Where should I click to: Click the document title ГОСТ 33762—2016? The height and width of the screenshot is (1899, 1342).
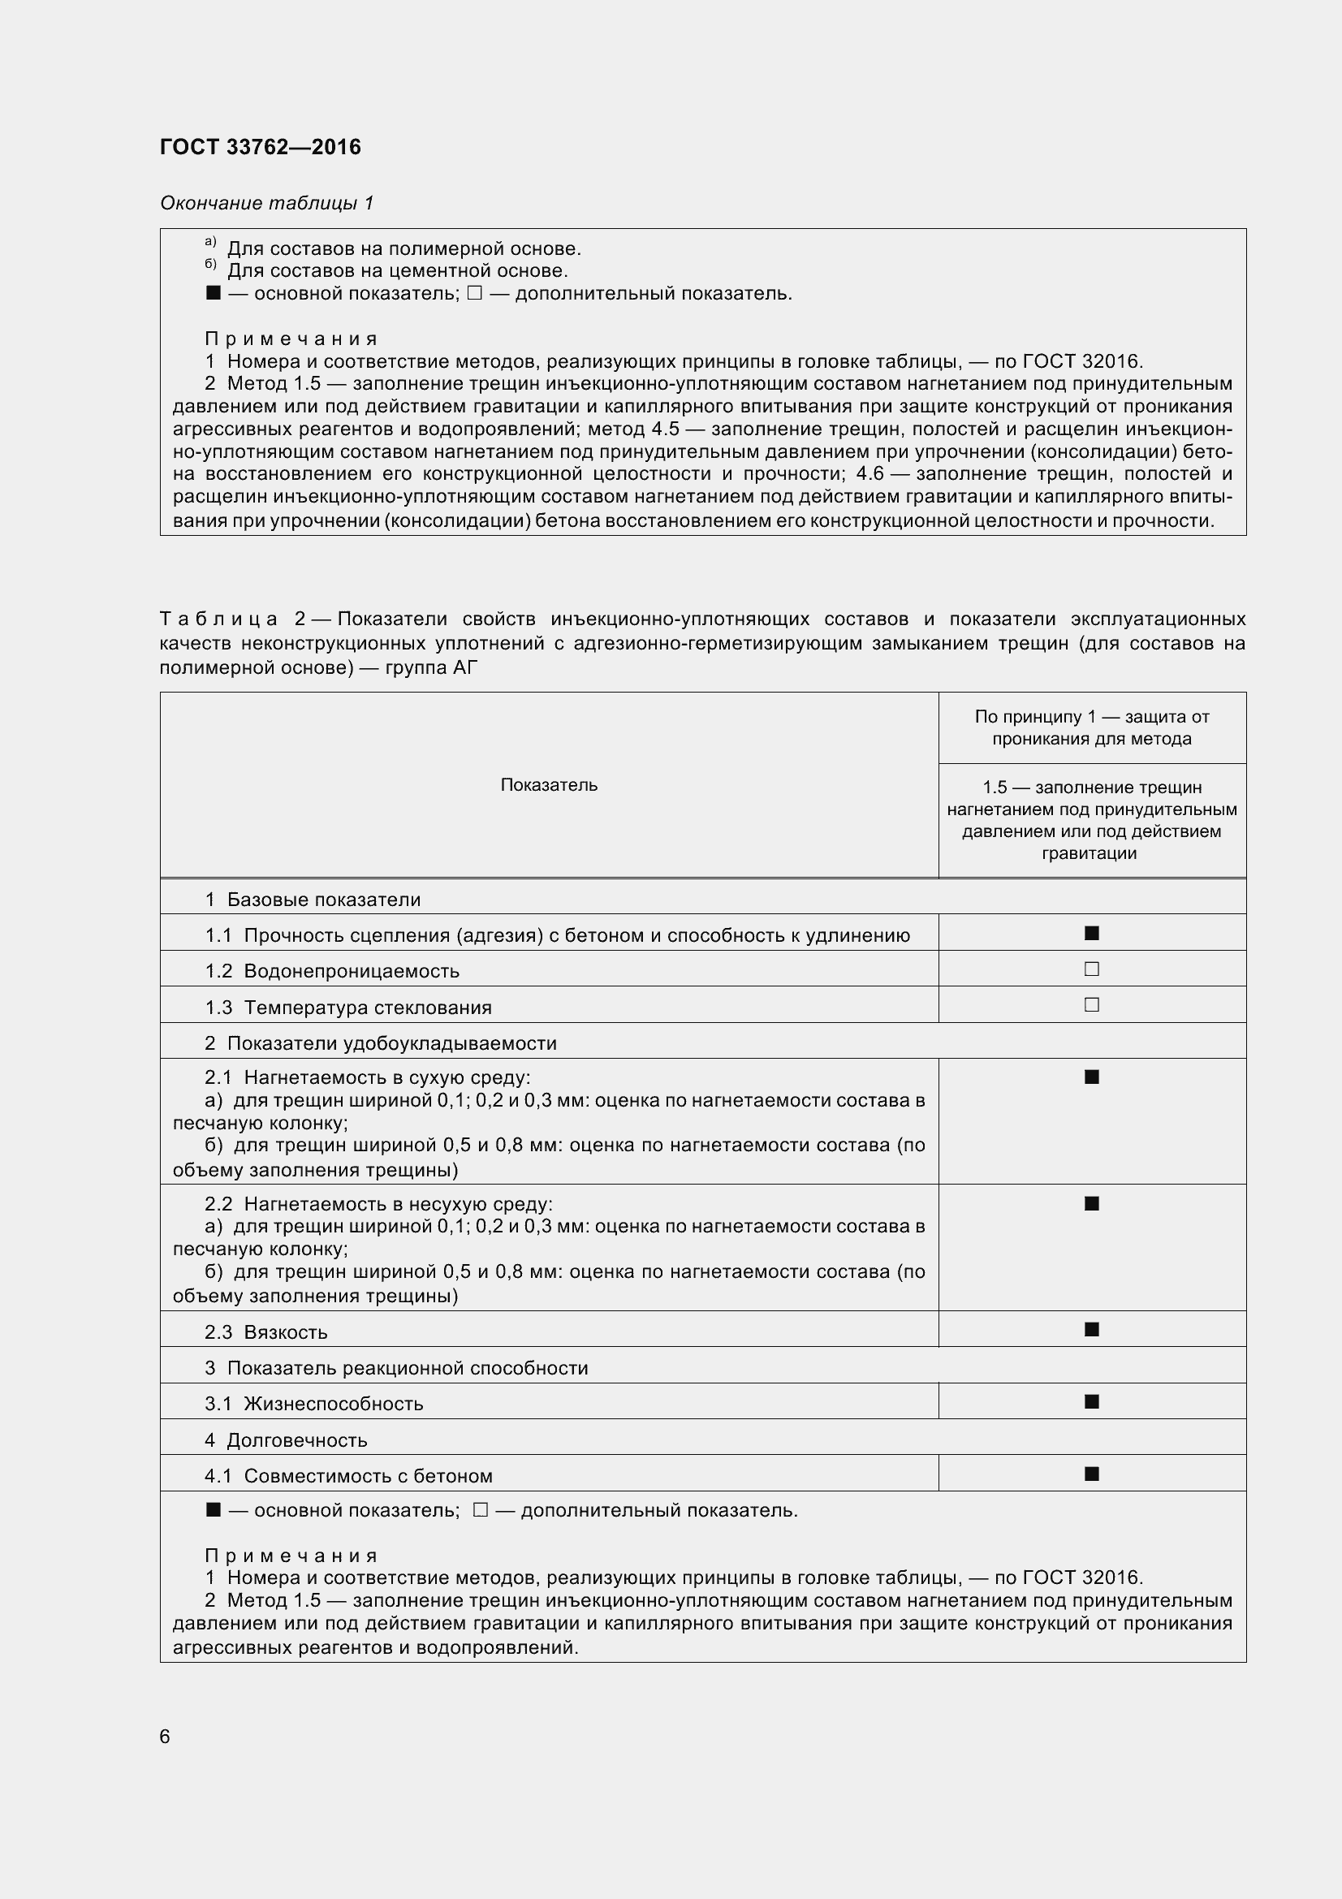click(x=261, y=147)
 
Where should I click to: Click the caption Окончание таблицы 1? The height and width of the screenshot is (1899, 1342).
click(x=267, y=203)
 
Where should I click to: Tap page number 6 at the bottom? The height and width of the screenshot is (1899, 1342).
click(x=165, y=1736)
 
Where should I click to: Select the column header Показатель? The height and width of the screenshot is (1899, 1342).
click(x=549, y=785)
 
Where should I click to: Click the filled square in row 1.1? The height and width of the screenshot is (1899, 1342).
click(x=1091, y=933)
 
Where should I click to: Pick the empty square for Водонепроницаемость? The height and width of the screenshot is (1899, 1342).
click(x=1091, y=969)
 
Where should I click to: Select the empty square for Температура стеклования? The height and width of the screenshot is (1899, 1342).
click(x=1091, y=1005)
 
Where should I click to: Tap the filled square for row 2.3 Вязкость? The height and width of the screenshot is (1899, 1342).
click(x=1091, y=1329)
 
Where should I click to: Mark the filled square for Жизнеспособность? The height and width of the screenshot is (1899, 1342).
click(x=1091, y=1401)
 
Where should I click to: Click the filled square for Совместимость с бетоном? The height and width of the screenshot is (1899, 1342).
click(x=1091, y=1473)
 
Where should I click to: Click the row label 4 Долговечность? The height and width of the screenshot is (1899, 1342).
click(x=286, y=1440)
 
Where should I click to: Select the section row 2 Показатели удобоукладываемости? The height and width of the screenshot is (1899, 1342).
click(x=381, y=1043)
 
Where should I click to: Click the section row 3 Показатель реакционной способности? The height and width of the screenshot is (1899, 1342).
click(x=396, y=1368)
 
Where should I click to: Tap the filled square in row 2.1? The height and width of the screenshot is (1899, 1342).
click(x=1091, y=1077)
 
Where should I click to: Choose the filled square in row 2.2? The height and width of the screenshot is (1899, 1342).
click(x=1091, y=1203)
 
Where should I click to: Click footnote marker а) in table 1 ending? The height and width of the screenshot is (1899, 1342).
click(x=210, y=241)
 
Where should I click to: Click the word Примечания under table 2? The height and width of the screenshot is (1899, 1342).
click(x=291, y=1556)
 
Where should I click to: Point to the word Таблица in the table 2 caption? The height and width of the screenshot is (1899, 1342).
click(x=219, y=619)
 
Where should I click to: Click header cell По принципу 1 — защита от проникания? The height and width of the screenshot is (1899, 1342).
click(x=1091, y=727)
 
